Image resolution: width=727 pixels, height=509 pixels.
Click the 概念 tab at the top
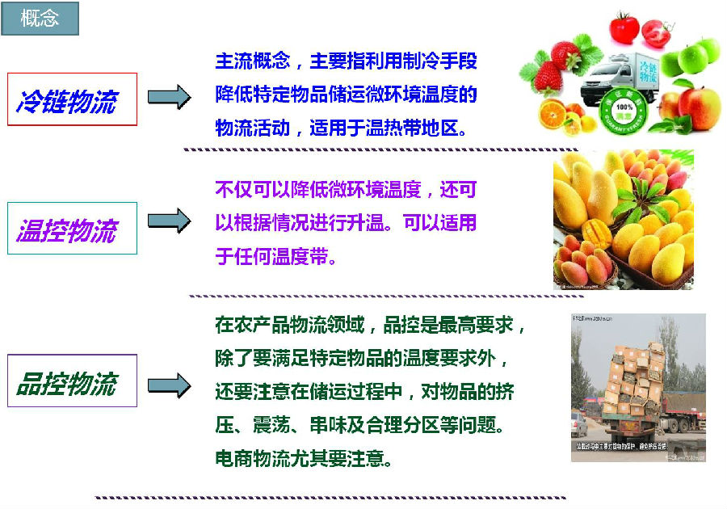40,19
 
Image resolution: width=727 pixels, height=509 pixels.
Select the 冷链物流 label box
72,99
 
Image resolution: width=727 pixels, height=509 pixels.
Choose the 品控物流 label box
72,381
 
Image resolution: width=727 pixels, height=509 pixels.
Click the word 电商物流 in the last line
250,459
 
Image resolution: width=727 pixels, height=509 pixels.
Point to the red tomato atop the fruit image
624,27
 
